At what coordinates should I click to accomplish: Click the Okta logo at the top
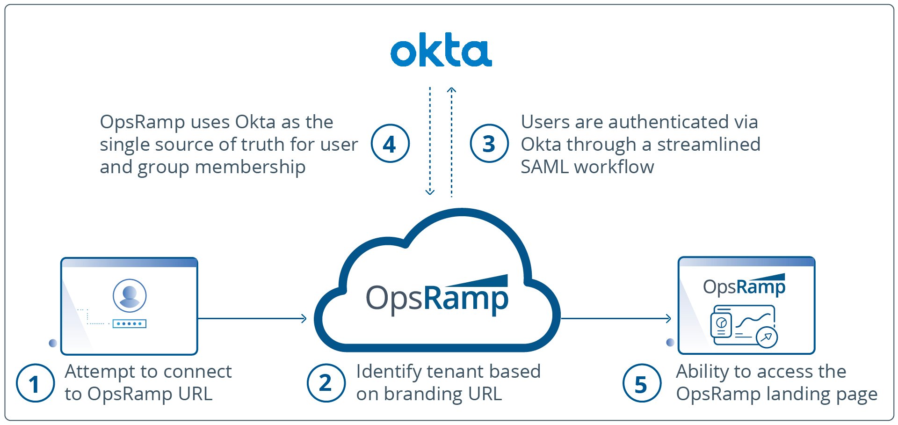point(441,50)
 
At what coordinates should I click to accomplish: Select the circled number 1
point(35,383)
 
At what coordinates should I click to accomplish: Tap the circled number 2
point(326,383)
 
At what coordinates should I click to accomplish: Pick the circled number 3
point(489,144)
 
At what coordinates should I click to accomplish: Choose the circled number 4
point(390,144)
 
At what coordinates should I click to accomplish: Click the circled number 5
point(641,383)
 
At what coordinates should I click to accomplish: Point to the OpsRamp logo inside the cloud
point(437,295)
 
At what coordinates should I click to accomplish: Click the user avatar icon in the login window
point(130,295)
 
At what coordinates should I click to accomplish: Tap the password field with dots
point(130,323)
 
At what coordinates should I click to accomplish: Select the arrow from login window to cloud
point(253,319)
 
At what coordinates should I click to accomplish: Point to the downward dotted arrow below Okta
point(430,140)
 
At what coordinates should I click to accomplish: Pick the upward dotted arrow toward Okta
point(451,140)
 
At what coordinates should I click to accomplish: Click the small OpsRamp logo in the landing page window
point(744,286)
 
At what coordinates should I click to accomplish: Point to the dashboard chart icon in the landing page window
point(744,325)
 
